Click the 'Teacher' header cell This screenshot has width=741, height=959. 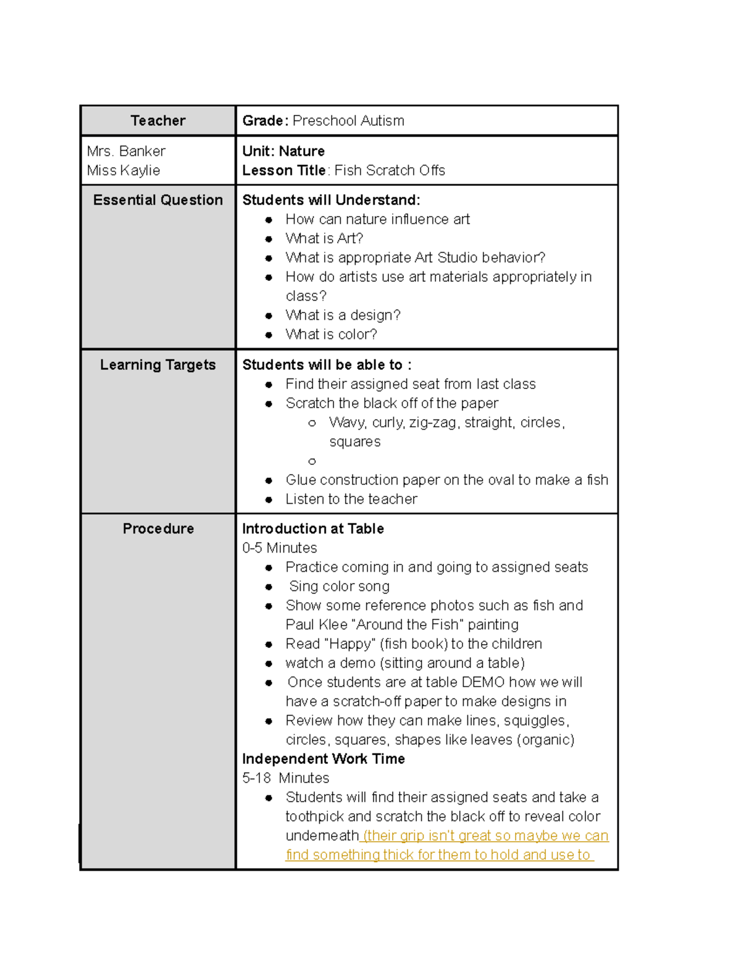point(157,120)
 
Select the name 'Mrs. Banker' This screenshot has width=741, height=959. point(126,151)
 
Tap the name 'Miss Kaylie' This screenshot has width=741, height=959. point(124,170)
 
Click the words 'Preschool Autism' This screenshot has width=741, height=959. point(348,120)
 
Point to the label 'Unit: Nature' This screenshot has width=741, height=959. point(283,151)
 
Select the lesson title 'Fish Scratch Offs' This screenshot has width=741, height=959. point(390,170)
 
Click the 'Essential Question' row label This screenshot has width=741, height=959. point(157,200)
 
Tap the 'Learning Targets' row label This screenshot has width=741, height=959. point(157,365)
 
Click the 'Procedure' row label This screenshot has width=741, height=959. point(157,529)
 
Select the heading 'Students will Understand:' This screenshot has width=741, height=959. point(331,200)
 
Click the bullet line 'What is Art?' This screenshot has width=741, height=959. point(324,238)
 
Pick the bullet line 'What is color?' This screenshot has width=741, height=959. point(331,335)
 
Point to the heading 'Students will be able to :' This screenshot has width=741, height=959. point(327,365)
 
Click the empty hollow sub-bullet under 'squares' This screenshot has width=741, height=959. point(312,461)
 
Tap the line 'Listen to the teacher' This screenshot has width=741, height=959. point(351,499)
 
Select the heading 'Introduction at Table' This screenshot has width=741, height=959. point(313,529)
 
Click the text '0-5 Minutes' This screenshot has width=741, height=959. point(280,548)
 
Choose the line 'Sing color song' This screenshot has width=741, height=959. point(339,586)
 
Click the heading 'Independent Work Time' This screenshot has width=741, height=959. point(324,759)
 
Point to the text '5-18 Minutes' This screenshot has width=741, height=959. point(286,778)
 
